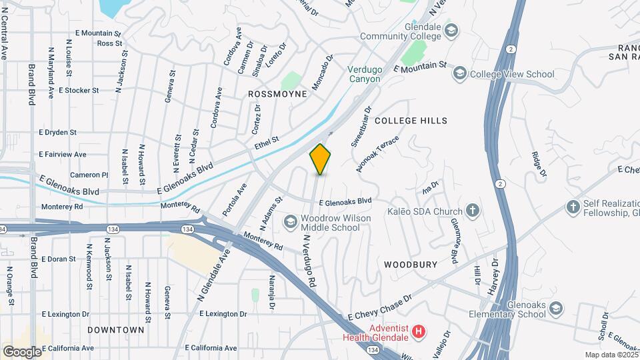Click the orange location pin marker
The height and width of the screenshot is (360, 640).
click(x=321, y=159)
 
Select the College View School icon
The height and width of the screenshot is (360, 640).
click(x=459, y=73)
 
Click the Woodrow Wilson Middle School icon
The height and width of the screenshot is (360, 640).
click(x=290, y=221)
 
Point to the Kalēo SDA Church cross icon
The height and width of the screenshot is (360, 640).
click(x=472, y=211)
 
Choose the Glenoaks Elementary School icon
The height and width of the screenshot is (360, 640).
click(x=555, y=307)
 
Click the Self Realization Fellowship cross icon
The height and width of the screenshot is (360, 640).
click(x=573, y=207)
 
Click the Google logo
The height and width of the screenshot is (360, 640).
click(x=22, y=351)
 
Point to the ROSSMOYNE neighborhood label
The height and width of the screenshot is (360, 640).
click(x=277, y=94)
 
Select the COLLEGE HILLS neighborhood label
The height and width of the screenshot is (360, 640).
click(x=411, y=121)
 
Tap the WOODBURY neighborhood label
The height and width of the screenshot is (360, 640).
click(x=411, y=265)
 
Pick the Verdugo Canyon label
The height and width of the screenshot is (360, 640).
click(x=364, y=74)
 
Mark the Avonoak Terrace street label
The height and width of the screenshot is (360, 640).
click(x=377, y=154)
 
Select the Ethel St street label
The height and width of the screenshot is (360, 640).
click(x=266, y=143)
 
